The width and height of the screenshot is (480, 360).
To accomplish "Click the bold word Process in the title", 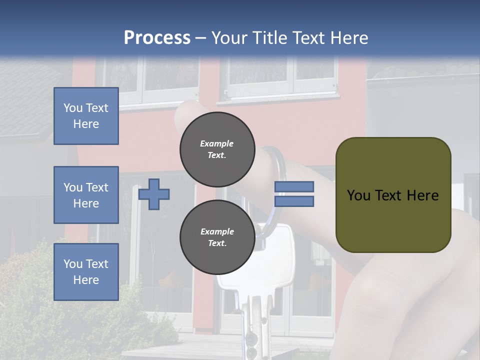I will pos(157,38).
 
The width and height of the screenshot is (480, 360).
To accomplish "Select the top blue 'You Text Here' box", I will pos(86,116).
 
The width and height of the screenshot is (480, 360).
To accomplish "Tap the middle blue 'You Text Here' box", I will pos(86,195).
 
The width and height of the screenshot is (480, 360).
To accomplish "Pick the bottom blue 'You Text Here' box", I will pos(86,271).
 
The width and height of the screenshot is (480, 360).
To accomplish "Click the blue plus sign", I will pos(154,194).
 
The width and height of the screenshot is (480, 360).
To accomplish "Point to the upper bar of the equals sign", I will pos(294,186).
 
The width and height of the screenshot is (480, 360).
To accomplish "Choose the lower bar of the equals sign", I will pos(294,201).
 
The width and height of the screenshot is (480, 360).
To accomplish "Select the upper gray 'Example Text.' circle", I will pos(217,149).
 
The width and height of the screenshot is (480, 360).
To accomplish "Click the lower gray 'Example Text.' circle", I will pos(217,237).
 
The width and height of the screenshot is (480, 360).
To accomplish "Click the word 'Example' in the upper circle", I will pos(217,143).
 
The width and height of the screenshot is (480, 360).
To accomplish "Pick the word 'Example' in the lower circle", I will pos(217,231).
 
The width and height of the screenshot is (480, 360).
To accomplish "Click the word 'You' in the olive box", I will pos(358,195).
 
